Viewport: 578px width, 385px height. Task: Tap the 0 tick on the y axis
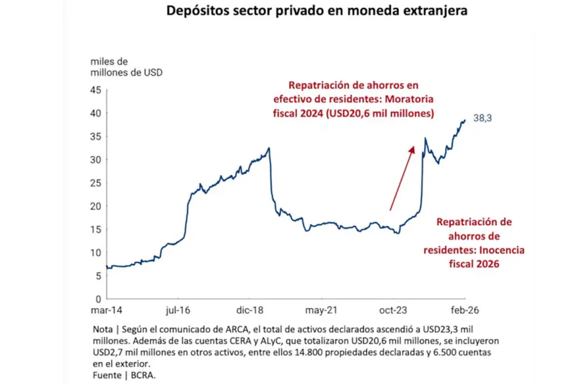tap(99, 299)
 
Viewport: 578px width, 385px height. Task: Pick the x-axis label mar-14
tap(106, 310)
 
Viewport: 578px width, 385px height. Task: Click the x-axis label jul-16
tap(179, 310)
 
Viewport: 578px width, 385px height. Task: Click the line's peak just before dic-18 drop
tap(269, 148)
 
